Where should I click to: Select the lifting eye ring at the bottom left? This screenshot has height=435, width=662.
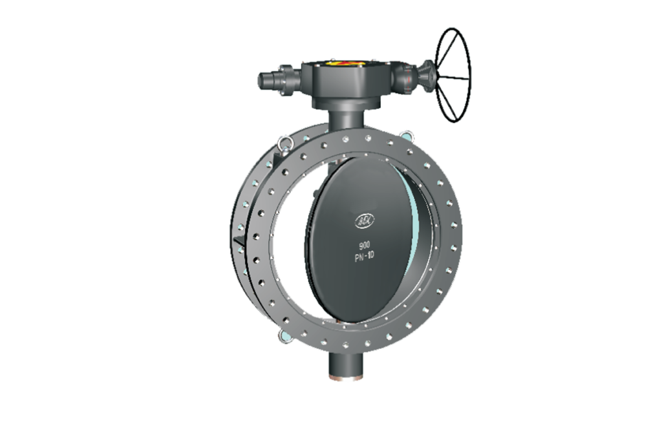(x=283, y=335)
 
